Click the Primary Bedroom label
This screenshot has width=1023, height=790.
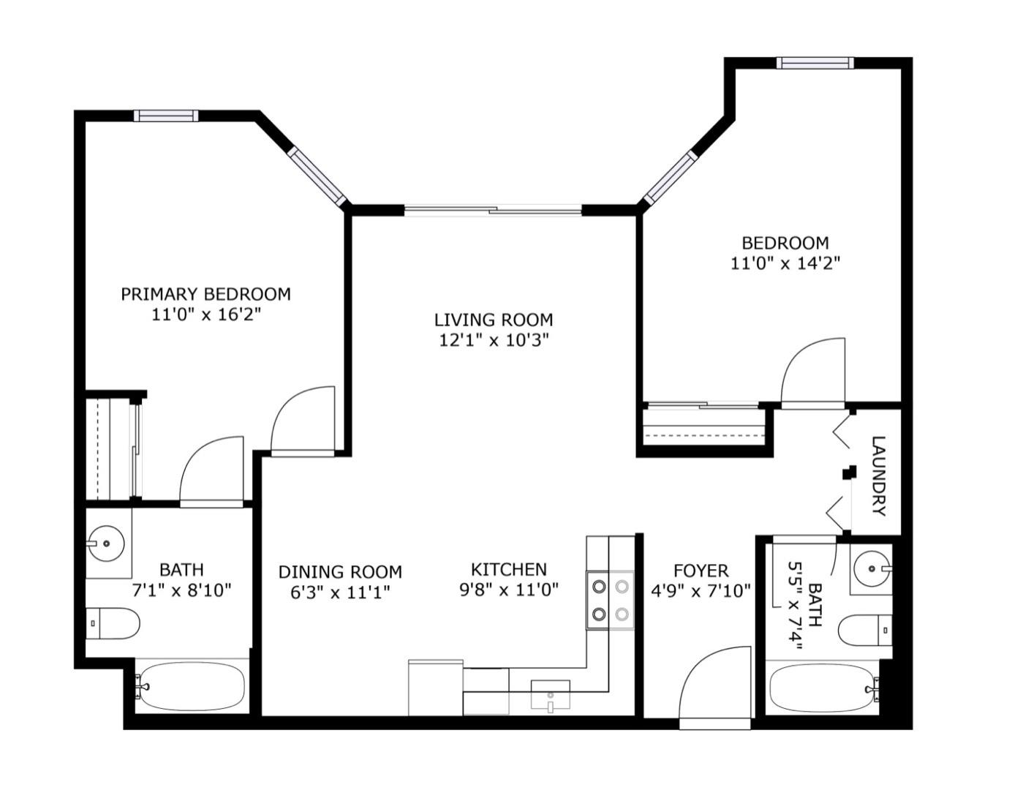point(205,294)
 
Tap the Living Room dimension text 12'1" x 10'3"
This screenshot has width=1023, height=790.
point(494,340)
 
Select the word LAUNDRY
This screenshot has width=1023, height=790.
point(878,476)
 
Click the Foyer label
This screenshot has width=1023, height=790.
point(701,571)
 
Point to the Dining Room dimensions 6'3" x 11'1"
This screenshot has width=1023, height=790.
point(340,592)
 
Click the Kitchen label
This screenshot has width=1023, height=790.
point(509,570)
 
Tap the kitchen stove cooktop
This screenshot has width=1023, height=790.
point(610,600)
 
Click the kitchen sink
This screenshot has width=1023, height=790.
point(551,694)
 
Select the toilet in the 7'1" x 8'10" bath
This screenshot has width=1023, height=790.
point(113,623)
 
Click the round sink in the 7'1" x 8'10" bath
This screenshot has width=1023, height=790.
point(107,543)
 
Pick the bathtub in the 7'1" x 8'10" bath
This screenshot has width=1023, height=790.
point(192,687)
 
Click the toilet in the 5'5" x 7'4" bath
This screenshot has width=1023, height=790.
point(865,630)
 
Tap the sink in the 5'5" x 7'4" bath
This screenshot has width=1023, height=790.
point(872,569)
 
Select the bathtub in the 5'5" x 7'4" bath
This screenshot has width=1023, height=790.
point(823,688)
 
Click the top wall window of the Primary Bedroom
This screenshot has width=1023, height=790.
point(166,116)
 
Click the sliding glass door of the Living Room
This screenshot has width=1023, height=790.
point(493,210)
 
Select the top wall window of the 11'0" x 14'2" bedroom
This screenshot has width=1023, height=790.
point(815,63)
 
